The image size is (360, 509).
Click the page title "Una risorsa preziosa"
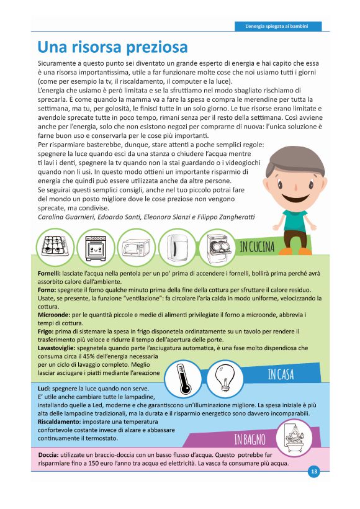[x=112, y=47]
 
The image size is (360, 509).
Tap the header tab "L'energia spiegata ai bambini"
[x=279, y=26]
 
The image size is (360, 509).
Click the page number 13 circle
[x=314, y=472]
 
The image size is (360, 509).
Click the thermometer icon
[x=184, y=377]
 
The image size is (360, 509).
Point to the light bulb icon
[x=224, y=377]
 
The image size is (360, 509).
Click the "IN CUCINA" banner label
[x=257, y=247]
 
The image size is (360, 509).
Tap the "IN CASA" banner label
[x=281, y=374]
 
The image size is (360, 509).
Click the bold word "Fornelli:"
[x=53, y=273]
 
